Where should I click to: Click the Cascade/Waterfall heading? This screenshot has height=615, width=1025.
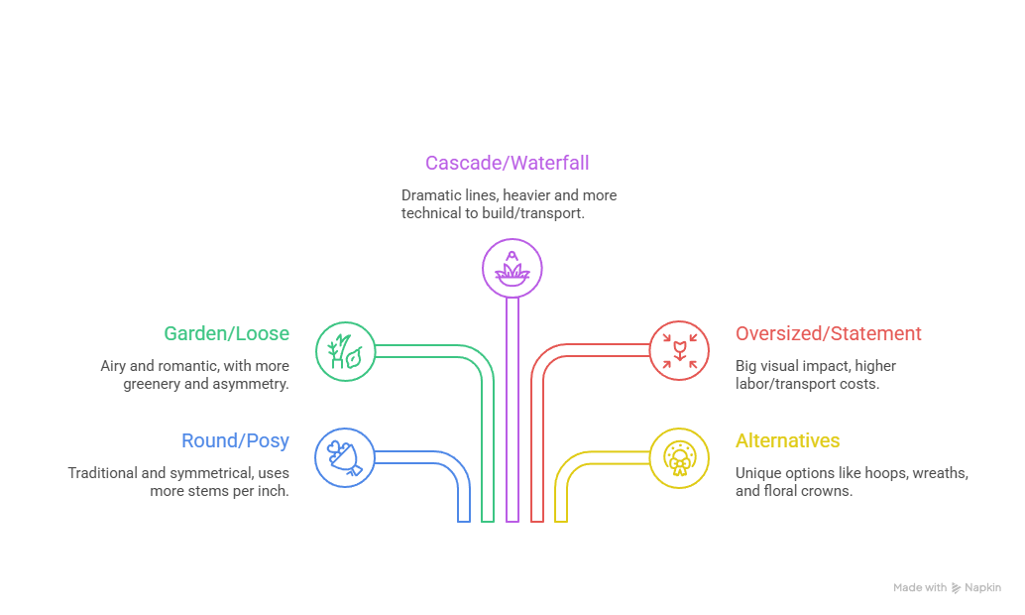508,163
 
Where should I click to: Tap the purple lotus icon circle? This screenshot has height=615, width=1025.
512,268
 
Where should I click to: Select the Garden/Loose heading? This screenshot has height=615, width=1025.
227,334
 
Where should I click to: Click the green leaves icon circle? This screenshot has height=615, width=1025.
345,350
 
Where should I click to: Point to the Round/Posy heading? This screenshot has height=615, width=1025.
235,441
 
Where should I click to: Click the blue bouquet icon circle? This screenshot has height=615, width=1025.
345,457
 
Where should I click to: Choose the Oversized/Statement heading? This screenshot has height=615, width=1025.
828,334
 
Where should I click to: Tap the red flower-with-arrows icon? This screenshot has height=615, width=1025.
680,350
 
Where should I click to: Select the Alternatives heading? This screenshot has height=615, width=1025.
787,441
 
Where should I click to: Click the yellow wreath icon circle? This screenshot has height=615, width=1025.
680,457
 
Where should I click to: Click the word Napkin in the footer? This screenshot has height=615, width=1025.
983,588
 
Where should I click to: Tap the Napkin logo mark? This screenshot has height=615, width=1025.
957,588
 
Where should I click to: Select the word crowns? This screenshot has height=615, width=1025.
831,491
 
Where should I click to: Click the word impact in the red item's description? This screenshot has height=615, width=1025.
823,366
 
